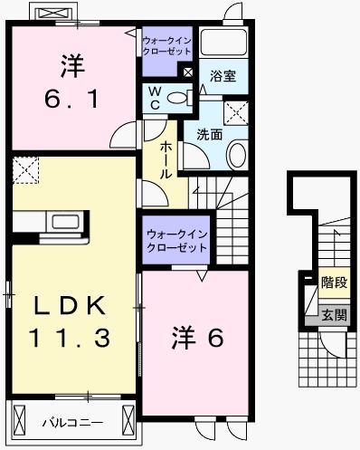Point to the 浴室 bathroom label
point(223,76)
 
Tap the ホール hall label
point(167,159)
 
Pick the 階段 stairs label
point(334,282)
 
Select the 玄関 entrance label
point(334,315)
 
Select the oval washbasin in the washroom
point(237,155)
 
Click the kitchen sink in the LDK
point(65,222)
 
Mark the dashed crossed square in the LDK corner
point(25,169)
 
